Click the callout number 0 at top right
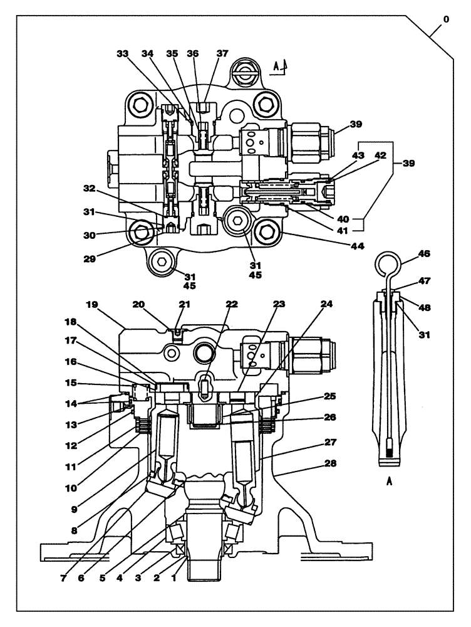click(x=445, y=20)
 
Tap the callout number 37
click(x=222, y=54)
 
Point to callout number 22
click(x=233, y=305)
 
